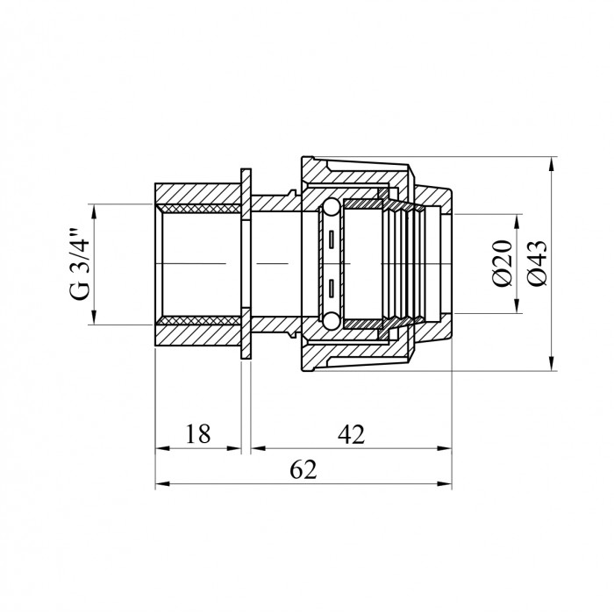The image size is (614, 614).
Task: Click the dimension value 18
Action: coord(197,434)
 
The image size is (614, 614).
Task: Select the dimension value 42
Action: coord(352,434)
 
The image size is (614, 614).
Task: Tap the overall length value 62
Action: coord(303,469)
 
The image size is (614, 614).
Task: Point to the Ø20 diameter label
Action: coord(503,263)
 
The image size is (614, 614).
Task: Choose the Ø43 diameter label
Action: coord(537,263)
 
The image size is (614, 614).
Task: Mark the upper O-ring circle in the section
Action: coord(331,207)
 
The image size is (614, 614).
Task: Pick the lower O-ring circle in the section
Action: coord(331,320)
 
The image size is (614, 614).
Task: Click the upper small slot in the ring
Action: coord(332,239)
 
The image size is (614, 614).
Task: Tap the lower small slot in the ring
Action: coord(332,288)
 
